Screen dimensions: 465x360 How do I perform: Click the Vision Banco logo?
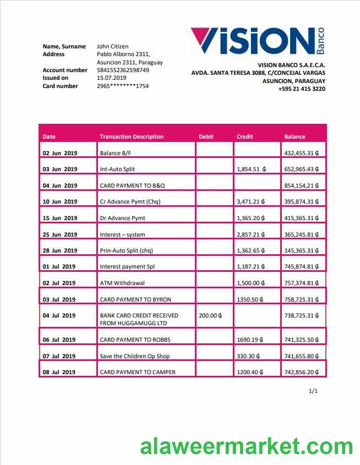pyautogui.click(x=257, y=42)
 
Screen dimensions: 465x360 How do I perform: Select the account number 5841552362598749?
pyautogui.click(x=123, y=70)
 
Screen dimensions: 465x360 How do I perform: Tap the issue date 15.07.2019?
pyautogui.click(x=112, y=78)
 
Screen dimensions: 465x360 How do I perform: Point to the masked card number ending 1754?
pyautogui.click(x=123, y=86)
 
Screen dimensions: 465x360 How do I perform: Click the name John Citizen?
pyautogui.click(x=112, y=47)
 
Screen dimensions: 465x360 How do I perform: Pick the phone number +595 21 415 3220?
pyautogui.click(x=302, y=89)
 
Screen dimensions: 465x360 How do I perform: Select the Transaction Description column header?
pyautogui.click(x=132, y=137)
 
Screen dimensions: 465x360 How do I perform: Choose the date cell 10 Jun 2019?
pyautogui.click(x=60, y=202)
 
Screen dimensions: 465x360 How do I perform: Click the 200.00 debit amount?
pyautogui.click(x=210, y=316)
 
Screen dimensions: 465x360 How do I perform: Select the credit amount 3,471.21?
pyautogui.click(x=250, y=202)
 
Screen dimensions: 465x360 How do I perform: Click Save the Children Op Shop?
pyautogui.click(x=134, y=357)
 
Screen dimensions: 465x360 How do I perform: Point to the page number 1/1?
pyautogui.click(x=313, y=391)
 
